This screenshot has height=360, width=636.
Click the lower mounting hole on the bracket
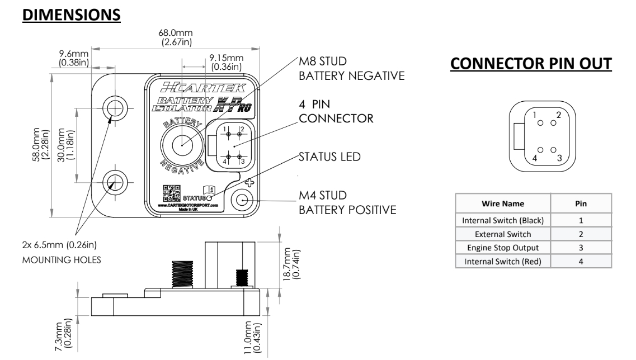[115, 181]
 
